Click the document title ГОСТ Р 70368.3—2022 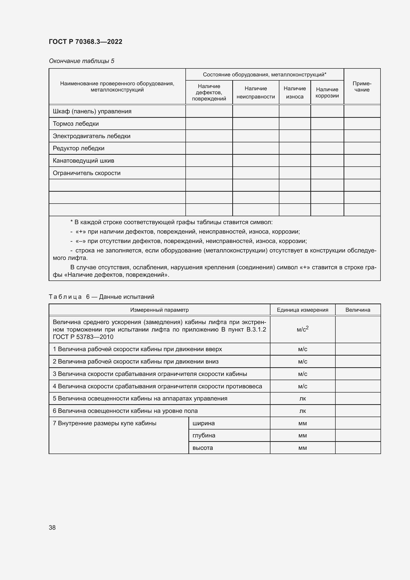(x=85, y=42)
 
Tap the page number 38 (x=52, y=527)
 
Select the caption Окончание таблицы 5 (x=81, y=61)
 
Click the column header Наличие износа (x=295, y=92)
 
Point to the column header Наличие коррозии (x=327, y=92)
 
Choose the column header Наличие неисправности (x=256, y=92)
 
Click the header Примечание (x=362, y=86)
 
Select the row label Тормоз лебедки (x=76, y=124)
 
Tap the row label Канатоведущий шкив (x=83, y=161)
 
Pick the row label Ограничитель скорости (x=87, y=173)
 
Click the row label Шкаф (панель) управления (x=92, y=111)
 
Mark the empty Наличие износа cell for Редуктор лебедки (x=295, y=148)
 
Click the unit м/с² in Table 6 (x=302, y=329)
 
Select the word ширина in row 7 (x=204, y=423)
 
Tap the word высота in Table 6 (x=203, y=448)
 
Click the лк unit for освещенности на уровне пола (x=302, y=411)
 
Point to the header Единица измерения (x=302, y=310)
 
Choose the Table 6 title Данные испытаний (x=126, y=297)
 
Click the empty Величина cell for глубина (x=358, y=435)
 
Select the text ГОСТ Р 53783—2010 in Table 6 (x=83, y=337)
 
